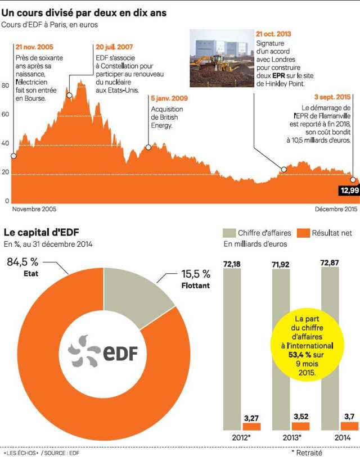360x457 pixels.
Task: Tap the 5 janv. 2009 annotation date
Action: point(169,98)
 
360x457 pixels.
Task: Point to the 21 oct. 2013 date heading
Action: point(273,34)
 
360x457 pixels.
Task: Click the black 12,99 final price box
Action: point(349,191)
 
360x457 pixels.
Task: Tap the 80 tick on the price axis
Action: point(6,85)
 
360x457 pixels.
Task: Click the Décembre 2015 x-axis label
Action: point(336,209)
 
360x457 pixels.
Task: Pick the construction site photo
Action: point(222,56)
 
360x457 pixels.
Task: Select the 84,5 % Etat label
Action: point(22,266)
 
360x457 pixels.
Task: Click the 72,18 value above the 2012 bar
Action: point(232,263)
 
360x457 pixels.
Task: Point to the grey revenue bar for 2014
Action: point(330,349)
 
